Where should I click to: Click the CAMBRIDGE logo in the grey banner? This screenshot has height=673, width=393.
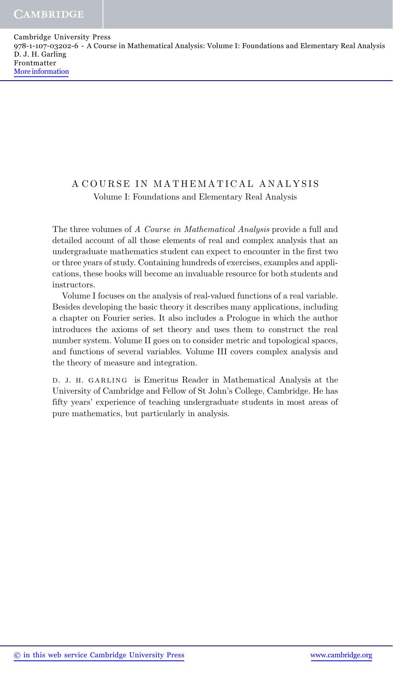pos(49,15)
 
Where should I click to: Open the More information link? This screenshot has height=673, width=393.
pos(41,72)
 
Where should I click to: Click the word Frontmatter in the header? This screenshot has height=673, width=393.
pos(35,63)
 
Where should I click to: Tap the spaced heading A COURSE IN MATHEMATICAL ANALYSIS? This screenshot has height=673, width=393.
pos(195,184)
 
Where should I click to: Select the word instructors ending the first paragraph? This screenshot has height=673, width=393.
pos(73,285)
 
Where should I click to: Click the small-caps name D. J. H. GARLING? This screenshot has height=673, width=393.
pos(90,380)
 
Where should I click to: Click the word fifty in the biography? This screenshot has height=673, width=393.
pos(59,402)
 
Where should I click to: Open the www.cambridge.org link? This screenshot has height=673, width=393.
pos(341,655)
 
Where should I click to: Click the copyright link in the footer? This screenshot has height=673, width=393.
pos(99,655)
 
